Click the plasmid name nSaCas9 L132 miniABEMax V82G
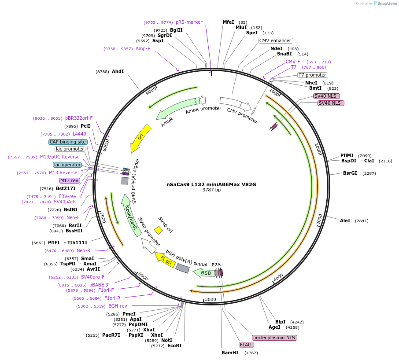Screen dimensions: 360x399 coord(211,184)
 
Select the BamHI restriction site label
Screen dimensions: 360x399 coord(230,353)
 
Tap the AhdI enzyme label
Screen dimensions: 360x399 coord(118,71)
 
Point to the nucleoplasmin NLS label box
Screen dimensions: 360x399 coord(274,338)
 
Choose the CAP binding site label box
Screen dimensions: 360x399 coord(68,142)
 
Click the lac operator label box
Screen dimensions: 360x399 coord(67,165)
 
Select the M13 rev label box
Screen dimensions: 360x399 coord(69,180)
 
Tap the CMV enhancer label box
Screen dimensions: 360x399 coord(275,40)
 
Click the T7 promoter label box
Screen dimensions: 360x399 coord(312,75)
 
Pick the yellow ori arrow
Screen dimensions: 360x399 coord(141,138)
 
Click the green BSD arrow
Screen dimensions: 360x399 coord(205,273)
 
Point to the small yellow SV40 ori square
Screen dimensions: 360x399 coord(158,230)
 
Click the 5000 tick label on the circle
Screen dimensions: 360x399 coord(211,299)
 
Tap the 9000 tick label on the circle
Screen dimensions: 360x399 coord(151,91)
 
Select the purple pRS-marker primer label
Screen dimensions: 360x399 coord(189,22)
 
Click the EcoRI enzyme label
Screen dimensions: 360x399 coord(174,345)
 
